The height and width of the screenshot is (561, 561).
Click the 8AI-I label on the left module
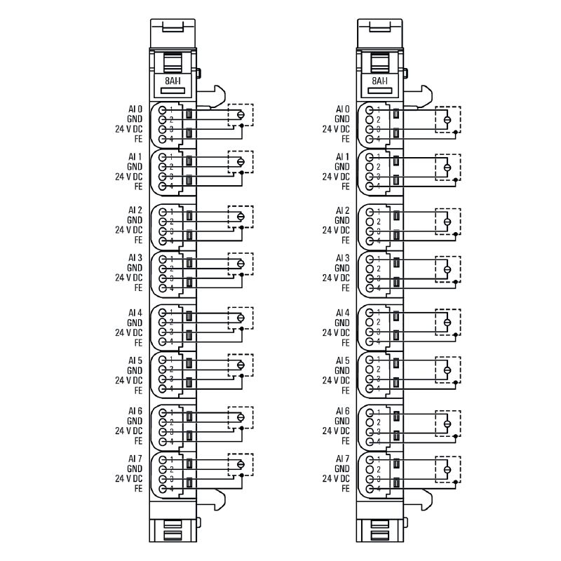pos(173,81)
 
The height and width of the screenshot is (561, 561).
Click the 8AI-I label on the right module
pos(380,81)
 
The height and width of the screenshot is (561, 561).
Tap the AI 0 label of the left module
pos(135,109)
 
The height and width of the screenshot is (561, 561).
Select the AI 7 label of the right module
pos(342,459)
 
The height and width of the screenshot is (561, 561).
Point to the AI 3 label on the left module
pos(135,258)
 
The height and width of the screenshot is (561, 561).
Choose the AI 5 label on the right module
pos(342,360)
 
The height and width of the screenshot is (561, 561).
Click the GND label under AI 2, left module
pos(135,220)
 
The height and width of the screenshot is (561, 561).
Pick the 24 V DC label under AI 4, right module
pos(336,332)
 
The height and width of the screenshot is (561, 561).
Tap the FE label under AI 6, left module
pos(138,441)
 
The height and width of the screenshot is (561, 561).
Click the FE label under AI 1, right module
pos(346,187)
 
